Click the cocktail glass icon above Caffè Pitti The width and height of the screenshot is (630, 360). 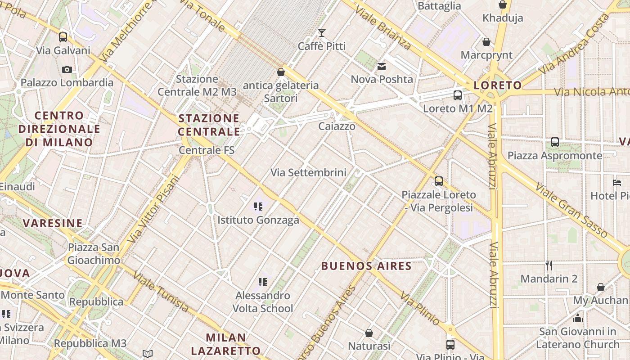click(x=321, y=32)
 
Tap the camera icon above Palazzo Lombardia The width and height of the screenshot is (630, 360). click(x=67, y=69)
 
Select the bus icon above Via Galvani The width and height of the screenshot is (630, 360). click(x=63, y=37)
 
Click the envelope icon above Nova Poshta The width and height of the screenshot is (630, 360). click(x=382, y=67)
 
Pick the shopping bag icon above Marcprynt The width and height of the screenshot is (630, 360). click(x=486, y=42)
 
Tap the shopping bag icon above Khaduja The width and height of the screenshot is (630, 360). click(x=503, y=5)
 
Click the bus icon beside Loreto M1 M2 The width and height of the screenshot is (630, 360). click(x=458, y=95)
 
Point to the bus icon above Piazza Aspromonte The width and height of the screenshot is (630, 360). click(x=555, y=142)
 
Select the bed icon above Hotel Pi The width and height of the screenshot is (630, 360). click(x=617, y=183)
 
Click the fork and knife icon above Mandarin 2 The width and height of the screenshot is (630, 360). click(x=549, y=265)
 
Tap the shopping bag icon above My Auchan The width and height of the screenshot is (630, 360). click(x=600, y=287)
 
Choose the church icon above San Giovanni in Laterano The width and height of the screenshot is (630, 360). click(x=578, y=318)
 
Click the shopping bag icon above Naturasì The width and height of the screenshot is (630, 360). click(x=369, y=333)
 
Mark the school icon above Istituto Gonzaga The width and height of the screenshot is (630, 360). click(x=258, y=207)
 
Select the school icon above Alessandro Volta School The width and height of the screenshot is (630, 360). click(x=263, y=282)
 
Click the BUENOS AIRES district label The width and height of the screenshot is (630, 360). click(x=366, y=266)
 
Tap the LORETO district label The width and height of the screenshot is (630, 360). click(x=498, y=85)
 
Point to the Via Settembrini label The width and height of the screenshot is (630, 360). click(x=308, y=172)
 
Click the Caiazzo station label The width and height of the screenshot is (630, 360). click(x=337, y=126)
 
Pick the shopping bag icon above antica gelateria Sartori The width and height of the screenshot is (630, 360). click(x=281, y=72)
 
